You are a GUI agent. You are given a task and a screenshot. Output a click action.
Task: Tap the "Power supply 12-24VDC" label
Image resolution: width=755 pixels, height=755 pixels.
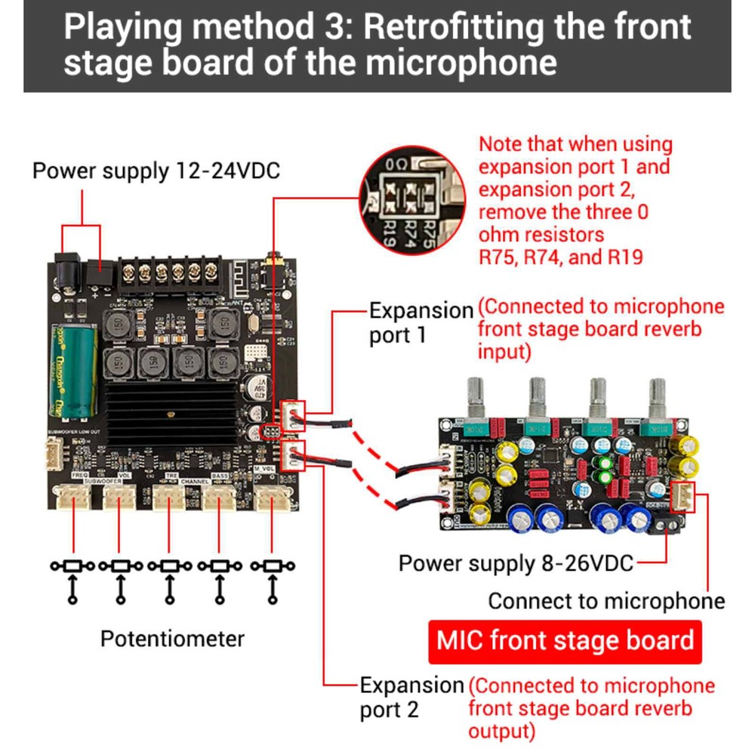[x=156, y=171]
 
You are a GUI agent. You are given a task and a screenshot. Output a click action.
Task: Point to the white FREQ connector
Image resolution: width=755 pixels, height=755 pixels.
[x=73, y=497]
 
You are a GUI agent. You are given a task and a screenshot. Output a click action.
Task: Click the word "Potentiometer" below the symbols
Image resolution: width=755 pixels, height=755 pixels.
[x=173, y=639]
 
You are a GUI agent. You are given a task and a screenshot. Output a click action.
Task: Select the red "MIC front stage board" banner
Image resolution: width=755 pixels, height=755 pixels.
[x=565, y=641]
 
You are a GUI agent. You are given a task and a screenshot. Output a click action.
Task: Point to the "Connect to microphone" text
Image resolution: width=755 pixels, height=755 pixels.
[x=606, y=601]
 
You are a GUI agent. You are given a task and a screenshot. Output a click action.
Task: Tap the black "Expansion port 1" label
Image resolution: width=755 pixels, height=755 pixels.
[x=420, y=322]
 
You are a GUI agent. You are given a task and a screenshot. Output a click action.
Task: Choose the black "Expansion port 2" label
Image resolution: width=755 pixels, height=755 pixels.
[x=411, y=698]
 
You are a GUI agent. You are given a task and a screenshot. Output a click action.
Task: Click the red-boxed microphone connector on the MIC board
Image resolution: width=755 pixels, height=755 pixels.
[x=683, y=498]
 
